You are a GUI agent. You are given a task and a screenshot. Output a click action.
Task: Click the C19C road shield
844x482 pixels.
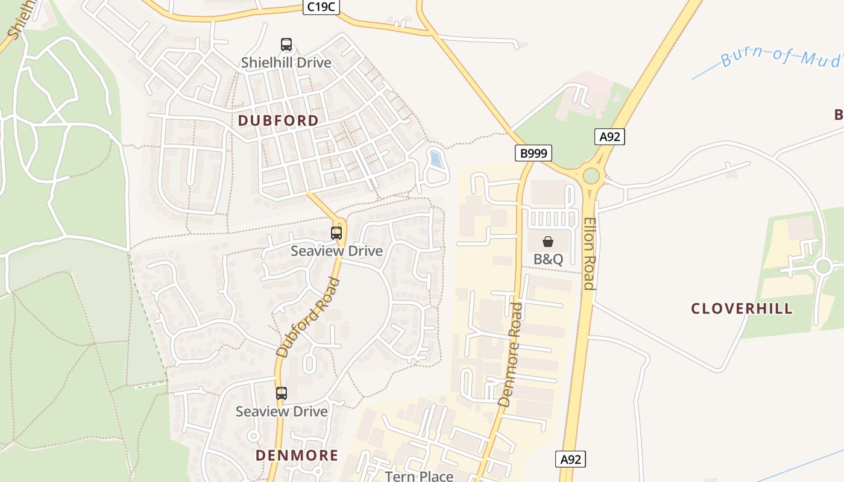[x=321, y=7]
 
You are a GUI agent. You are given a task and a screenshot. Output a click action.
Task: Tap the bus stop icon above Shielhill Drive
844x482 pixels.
[x=286, y=45]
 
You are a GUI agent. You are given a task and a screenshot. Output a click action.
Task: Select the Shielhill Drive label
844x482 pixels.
[x=286, y=63]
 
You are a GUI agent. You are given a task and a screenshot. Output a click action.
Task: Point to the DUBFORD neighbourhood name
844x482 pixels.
[x=279, y=120]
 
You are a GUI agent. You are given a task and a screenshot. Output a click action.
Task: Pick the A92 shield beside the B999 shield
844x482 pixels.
[x=609, y=137]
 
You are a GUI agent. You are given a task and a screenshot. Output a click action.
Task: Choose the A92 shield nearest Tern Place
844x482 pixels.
[x=570, y=460]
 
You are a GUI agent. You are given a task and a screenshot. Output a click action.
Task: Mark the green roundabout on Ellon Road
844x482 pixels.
[x=591, y=176]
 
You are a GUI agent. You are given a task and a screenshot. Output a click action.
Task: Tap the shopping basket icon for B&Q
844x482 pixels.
[x=548, y=242]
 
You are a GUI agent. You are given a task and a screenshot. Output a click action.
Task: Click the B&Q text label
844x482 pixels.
[x=548, y=260]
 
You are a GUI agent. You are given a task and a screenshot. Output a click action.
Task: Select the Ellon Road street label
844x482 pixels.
[x=590, y=253]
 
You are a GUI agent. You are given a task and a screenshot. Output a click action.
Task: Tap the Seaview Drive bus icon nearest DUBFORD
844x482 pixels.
[x=336, y=233]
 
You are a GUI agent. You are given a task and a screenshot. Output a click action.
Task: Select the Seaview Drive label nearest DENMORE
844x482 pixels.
[x=282, y=412]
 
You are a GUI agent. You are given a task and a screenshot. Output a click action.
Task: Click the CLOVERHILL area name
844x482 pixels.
[x=742, y=309]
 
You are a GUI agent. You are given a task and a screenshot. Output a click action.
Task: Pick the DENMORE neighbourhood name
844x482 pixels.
[x=297, y=455]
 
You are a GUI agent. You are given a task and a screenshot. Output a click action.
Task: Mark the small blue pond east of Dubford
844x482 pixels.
[x=435, y=159]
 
